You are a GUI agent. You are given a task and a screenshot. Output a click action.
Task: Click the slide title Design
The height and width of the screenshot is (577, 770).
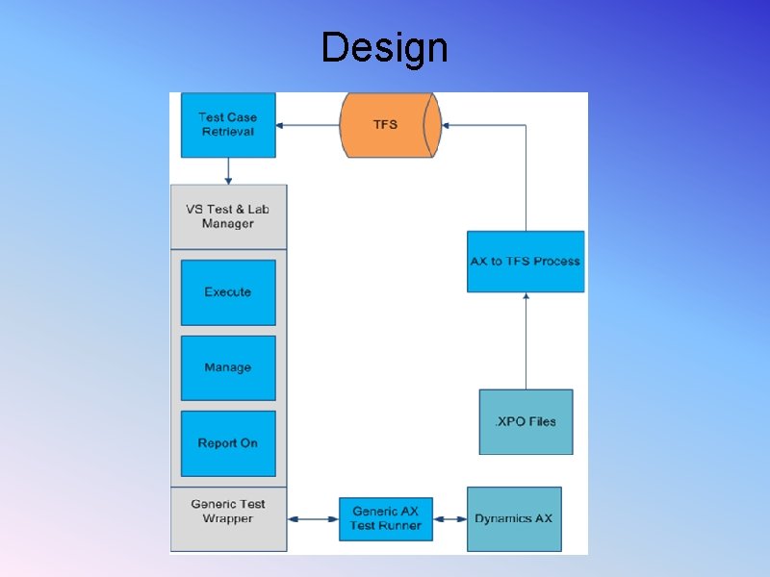[384, 47]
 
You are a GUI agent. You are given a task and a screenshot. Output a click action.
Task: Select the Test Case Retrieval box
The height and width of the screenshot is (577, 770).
[228, 125]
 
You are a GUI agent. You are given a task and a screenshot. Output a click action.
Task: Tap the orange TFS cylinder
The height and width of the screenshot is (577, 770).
[387, 124]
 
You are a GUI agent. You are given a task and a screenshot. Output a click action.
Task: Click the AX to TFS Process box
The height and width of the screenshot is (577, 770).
[526, 261]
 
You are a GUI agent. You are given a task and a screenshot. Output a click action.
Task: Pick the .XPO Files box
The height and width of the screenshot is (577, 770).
[526, 422]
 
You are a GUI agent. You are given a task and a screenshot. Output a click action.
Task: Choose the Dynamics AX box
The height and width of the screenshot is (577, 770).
[514, 519]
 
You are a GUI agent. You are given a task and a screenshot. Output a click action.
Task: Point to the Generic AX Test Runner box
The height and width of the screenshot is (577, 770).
[386, 518]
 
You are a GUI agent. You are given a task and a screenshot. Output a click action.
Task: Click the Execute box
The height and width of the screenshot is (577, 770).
[228, 292]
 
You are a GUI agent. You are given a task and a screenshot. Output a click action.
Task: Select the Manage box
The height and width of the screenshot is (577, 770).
[228, 367]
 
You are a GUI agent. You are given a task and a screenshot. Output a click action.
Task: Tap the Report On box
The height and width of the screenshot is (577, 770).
[228, 443]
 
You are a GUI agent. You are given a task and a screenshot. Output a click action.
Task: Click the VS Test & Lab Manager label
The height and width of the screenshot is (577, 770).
[228, 216]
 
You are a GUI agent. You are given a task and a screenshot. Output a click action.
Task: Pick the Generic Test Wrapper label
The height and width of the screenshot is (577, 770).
[228, 512]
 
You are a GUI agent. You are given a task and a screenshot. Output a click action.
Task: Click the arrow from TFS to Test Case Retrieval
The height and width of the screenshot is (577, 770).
[307, 125]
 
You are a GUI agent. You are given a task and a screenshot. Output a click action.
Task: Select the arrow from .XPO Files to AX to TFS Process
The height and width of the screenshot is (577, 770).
[526, 341]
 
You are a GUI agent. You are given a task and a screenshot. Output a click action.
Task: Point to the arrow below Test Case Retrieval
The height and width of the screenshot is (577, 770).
[228, 171]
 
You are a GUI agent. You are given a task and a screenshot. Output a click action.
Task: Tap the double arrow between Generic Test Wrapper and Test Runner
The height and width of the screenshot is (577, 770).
[313, 519]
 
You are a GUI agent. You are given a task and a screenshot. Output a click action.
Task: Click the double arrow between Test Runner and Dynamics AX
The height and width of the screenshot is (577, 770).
[450, 519]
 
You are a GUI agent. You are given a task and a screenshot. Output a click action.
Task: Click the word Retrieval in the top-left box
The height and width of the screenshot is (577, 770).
[228, 132]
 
